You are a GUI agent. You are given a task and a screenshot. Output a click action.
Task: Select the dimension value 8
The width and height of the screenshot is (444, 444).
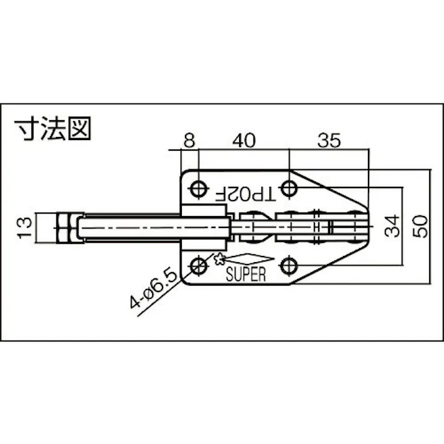click(188, 141)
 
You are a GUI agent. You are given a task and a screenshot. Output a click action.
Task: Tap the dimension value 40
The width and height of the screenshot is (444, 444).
click(244, 141)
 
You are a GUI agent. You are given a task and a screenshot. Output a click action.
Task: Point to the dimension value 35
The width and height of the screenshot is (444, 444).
click(328, 141)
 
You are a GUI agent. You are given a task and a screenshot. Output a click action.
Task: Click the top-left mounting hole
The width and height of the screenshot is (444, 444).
click(199, 187)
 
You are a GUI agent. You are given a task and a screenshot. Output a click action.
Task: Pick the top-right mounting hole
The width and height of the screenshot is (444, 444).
click(288, 187)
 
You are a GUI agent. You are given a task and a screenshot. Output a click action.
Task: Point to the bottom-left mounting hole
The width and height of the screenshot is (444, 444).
click(199, 267)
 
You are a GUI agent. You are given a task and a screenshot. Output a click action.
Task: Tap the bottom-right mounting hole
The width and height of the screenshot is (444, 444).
click(288, 267)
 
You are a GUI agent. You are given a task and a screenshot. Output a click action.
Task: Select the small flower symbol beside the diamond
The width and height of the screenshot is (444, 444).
click(219, 260)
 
